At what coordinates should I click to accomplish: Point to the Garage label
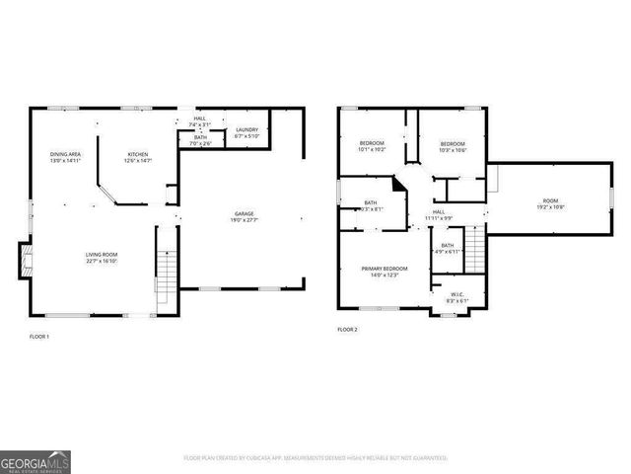click(244, 214)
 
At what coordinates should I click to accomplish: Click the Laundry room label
click(245, 130)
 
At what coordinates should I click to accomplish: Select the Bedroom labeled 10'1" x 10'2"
click(372, 143)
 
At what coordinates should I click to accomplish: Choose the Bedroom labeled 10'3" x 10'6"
click(453, 143)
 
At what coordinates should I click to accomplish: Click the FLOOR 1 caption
click(38, 337)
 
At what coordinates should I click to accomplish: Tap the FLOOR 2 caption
click(347, 329)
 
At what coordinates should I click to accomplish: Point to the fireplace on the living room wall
click(27, 260)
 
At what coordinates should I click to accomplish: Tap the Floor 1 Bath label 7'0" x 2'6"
click(200, 138)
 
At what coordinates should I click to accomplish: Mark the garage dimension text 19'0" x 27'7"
click(244, 220)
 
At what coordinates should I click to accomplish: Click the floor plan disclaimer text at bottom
click(315, 458)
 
